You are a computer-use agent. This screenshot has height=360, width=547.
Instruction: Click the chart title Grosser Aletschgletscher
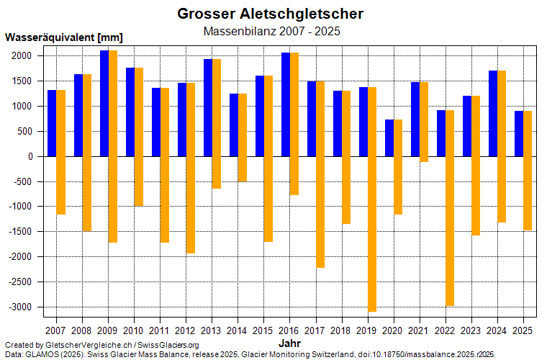[x=271, y=14]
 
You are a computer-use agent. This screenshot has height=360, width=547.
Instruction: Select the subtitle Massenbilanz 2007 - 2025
[x=271, y=32]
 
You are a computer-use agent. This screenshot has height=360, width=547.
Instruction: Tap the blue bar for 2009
[x=104, y=104]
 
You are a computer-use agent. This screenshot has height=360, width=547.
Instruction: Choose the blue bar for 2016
[x=286, y=104]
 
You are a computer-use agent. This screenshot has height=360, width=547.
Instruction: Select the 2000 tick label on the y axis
[x=22, y=56]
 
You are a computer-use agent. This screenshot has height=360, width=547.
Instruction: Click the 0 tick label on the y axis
[x=30, y=156]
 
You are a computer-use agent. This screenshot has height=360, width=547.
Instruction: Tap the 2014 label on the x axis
[x=238, y=330]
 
